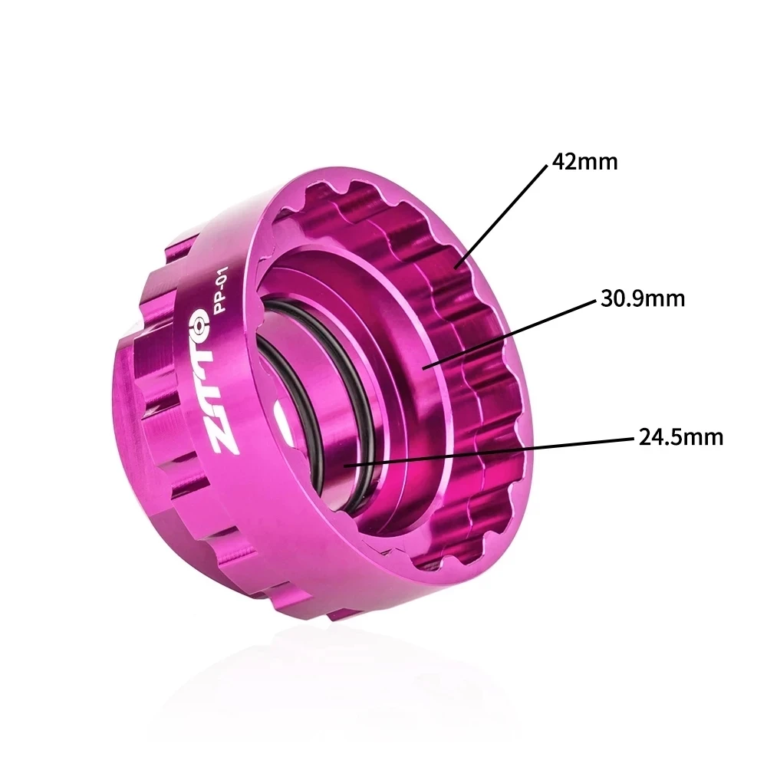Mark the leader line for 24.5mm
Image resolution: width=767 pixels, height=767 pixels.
(x=491, y=451)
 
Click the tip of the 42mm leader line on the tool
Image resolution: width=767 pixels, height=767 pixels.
(x=459, y=265)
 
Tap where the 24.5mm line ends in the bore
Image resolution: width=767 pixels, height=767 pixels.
(x=347, y=464)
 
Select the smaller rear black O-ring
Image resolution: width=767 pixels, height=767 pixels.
(x=291, y=383)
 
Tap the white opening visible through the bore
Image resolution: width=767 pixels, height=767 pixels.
(x=281, y=417)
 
